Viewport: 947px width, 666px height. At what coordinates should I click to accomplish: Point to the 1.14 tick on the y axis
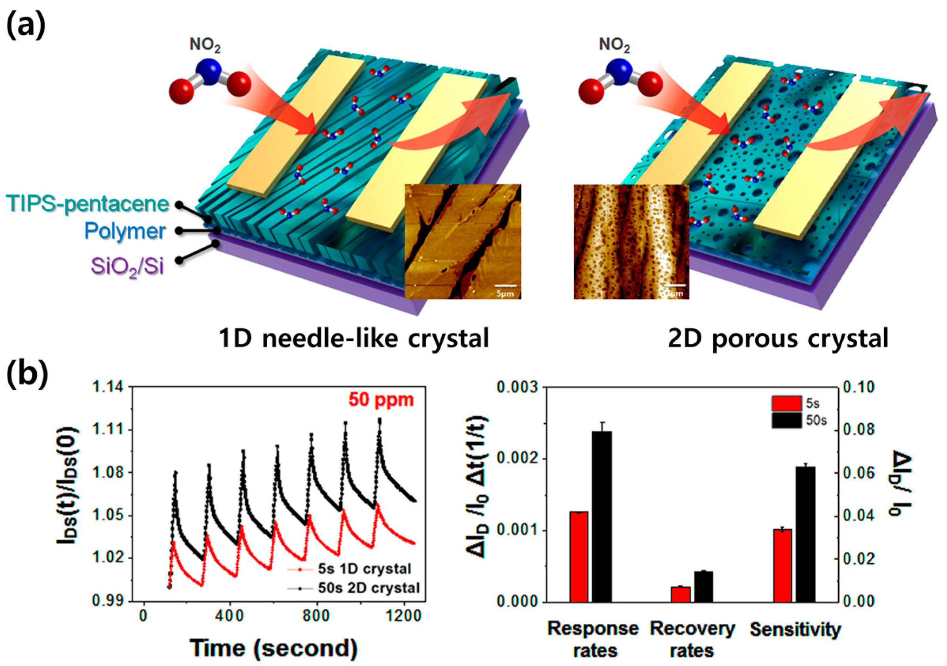tap(111, 387)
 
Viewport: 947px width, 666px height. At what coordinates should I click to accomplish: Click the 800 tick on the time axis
tap(316, 616)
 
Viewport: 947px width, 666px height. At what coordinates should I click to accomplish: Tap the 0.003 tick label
tap(519, 388)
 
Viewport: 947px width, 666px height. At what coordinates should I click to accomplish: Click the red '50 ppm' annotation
tap(381, 400)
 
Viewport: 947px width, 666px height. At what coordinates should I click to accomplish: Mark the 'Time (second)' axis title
tap(274, 648)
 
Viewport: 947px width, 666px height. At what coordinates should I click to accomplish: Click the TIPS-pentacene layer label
tap(87, 204)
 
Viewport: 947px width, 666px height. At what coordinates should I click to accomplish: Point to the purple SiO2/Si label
tap(127, 267)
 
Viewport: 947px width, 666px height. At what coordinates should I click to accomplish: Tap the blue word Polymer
tap(125, 231)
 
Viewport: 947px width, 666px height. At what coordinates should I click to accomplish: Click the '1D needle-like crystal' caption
tap(354, 339)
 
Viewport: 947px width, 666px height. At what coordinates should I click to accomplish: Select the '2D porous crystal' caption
tap(778, 339)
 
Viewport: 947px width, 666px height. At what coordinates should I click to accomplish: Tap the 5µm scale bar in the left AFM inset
tap(505, 285)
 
